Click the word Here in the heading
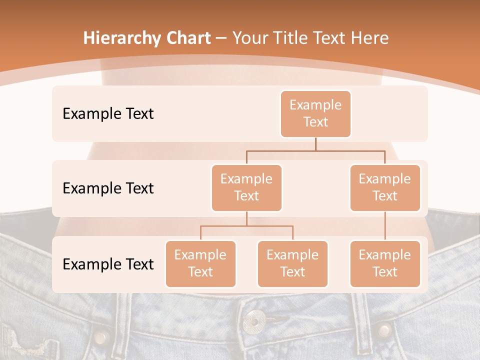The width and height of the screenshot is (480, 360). click(369, 38)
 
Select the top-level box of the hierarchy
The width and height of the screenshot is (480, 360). click(315, 113)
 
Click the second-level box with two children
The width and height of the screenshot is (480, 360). click(246, 187)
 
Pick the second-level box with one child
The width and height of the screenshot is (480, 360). click(385, 187)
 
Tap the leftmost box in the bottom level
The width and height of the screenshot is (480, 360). click(200, 263)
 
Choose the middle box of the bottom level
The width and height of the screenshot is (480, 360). click(292, 263)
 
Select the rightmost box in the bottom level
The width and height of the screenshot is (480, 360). click(385, 263)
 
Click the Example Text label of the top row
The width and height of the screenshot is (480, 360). click(108, 113)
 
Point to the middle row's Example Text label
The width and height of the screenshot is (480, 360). click(108, 188)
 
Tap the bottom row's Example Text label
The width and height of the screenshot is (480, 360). click(108, 264)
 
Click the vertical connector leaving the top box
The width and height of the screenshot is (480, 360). click(315, 144)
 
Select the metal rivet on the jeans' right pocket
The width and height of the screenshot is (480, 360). click(384, 330)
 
